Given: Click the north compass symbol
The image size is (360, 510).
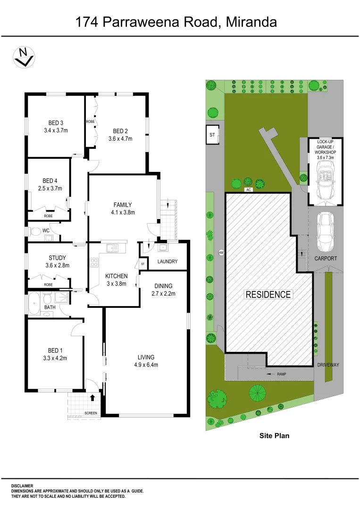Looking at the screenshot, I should click(23, 57).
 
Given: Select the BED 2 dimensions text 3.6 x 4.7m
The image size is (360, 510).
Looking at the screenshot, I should click(120, 139).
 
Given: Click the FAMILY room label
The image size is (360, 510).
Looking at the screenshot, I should click(122, 205).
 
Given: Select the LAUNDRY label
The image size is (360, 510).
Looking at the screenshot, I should click(167, 262).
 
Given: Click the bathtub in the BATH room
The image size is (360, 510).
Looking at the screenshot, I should click(34, 304).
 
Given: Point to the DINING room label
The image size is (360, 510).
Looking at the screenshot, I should click(163, 286).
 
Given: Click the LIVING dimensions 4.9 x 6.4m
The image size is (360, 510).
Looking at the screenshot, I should click(146, 365).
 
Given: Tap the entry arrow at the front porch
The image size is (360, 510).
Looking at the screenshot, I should click(92, 398).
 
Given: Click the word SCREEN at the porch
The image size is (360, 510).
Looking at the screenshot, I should click(91, 413).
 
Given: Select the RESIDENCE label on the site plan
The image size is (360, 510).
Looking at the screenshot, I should click(268, 294).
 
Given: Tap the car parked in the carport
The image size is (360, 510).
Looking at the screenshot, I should click(326, 232).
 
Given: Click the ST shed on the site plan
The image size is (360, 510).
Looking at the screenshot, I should click(212, 135).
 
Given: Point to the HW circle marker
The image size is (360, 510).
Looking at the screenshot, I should click(221, 253).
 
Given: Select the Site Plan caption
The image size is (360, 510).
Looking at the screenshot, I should click(274, 436).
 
